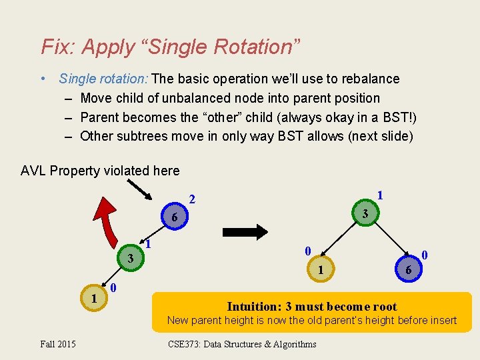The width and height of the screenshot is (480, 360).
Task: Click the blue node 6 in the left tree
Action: [x=174, y=218]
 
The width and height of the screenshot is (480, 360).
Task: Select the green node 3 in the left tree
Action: [x=131, y=258]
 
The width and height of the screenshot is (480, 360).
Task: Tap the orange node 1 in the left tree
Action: [x=94, y=298]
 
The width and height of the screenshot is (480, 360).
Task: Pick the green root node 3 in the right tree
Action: [x=365, y=214]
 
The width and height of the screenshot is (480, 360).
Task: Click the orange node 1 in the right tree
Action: [x=321, y=269]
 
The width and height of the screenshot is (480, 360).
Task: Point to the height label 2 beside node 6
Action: [x=192, y=199]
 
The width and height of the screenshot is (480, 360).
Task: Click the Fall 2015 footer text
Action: [x=58, y=344]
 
